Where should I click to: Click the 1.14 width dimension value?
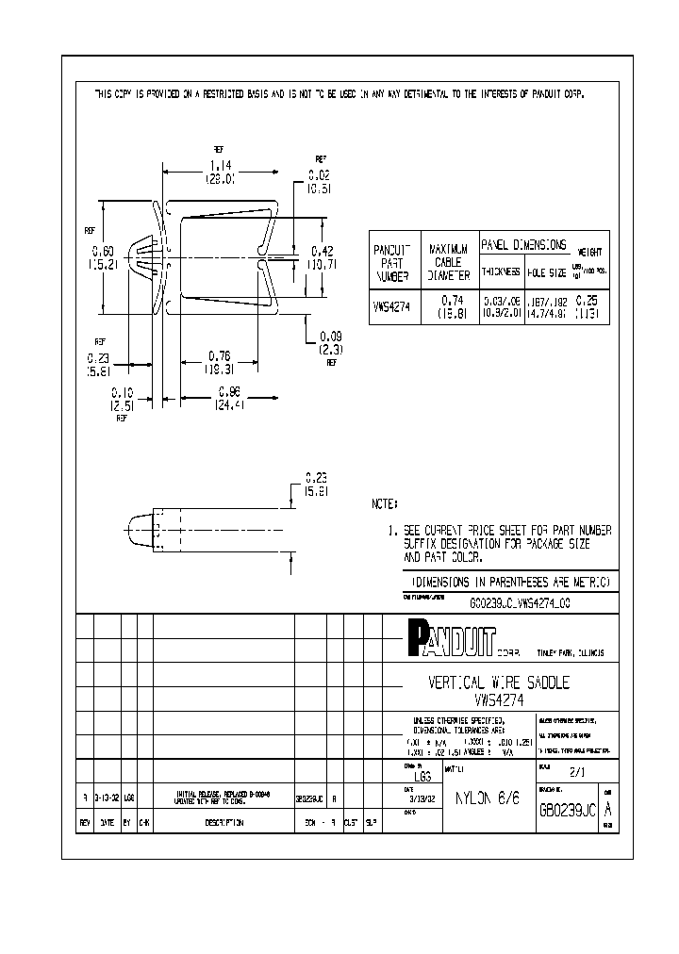pos(222,165)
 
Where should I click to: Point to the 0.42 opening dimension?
pos(323,251)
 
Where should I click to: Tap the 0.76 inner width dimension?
pos(218,355)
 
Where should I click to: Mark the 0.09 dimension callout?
pos(330,336)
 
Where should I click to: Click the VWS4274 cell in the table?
pos(391,305)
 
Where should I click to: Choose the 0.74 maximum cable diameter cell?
pos(449,300)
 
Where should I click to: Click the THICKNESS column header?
pos(501,271)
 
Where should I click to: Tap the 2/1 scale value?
pos(575,770)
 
